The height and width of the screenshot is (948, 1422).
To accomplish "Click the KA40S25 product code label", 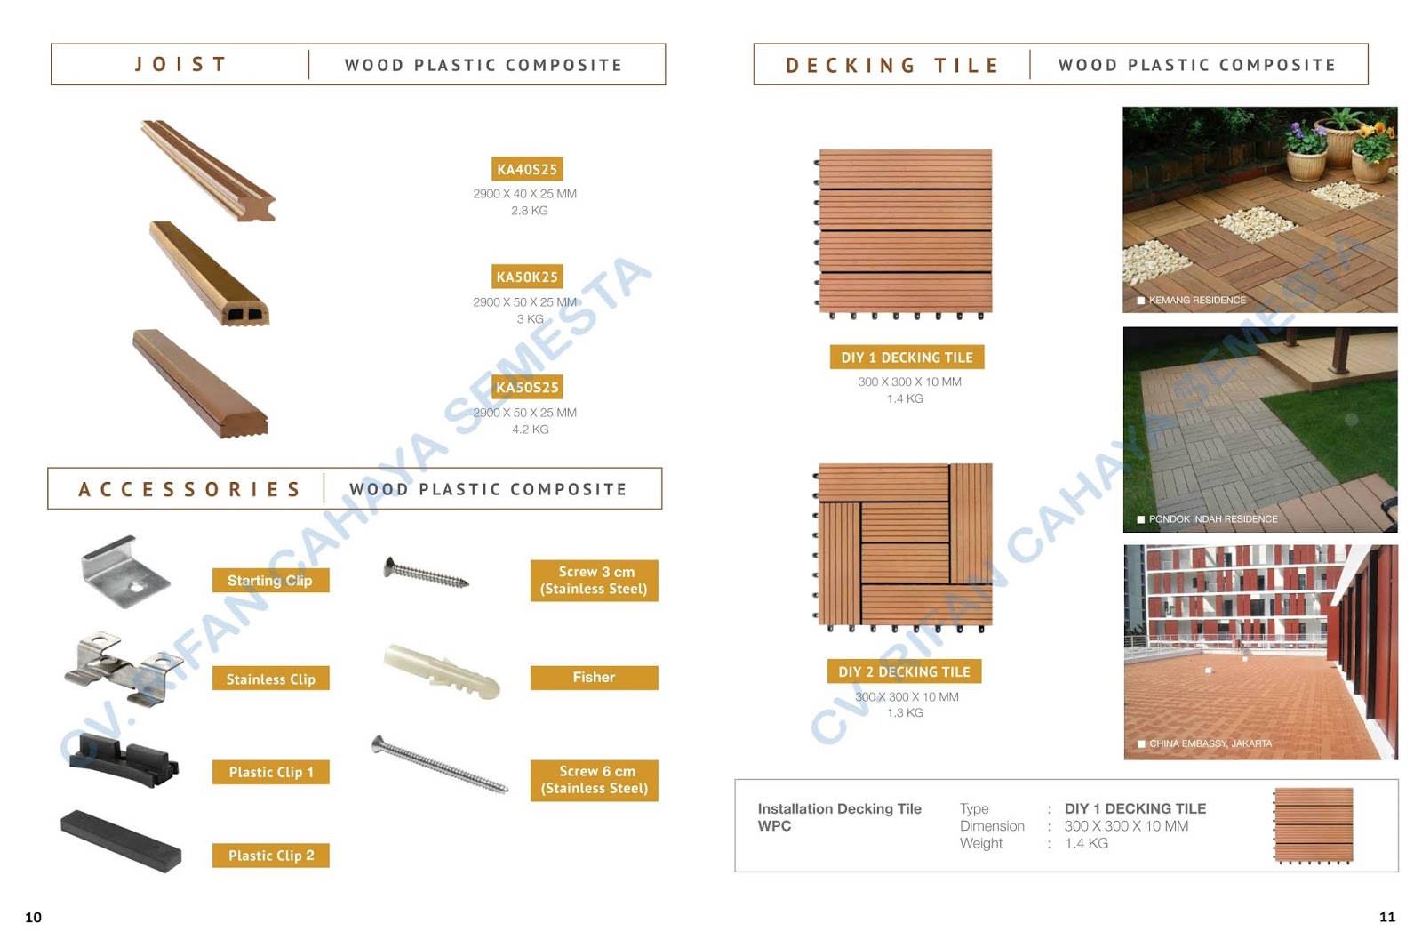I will point(526,169).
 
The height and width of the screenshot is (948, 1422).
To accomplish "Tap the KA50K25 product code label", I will point(526,277).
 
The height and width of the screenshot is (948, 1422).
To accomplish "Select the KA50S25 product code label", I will point(527,387).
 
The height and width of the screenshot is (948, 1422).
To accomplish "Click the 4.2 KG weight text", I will point(530,430).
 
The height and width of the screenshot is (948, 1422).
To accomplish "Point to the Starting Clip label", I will point(270,581).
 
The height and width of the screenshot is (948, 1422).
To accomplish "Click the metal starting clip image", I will point(124,573).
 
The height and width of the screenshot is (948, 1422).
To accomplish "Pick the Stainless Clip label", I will point(270,679).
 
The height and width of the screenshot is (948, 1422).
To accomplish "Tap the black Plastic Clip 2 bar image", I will point(121,840).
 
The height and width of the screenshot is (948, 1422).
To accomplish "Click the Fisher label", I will point(594,678).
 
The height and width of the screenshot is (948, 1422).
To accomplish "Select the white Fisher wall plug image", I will point(443,671).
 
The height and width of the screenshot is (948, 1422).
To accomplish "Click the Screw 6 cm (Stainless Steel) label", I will point(594,780).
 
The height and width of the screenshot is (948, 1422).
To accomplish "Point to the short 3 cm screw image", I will point(426,574).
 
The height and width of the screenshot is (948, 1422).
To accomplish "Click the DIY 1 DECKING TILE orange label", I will point(907,358).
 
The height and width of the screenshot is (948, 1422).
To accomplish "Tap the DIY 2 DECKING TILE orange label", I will point(904,671).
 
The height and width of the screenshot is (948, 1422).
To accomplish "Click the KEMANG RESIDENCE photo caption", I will point(1196,301).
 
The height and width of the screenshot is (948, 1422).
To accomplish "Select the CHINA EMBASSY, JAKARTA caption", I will point(1210,743).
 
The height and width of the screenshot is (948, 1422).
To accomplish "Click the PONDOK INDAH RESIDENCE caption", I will point(1212,519).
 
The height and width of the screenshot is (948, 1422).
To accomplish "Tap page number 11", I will point(1386,917).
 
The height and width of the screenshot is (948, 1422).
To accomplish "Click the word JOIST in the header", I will point(181,65).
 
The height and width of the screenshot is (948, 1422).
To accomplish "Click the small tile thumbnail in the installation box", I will point(1313,825).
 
